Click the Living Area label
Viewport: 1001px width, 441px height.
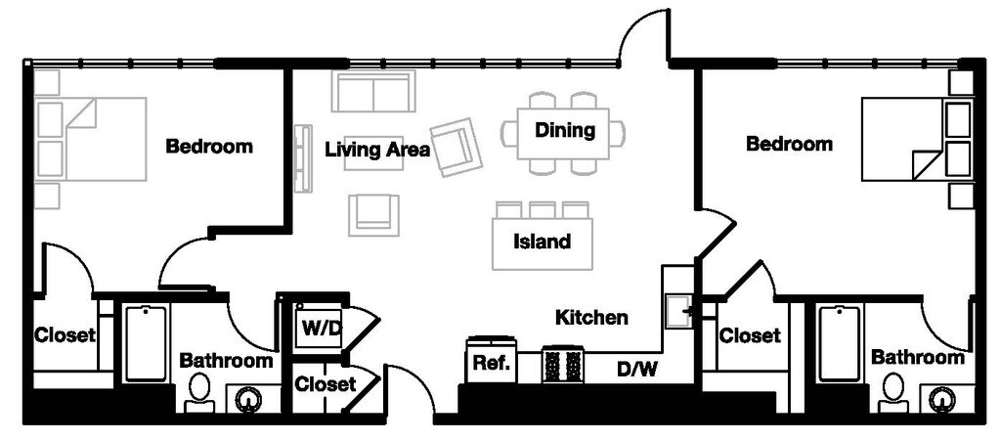pos(377,151)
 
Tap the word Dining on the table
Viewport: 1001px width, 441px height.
pos(564,130)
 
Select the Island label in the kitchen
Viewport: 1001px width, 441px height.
pos(542,242)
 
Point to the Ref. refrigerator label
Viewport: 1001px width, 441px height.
pos(491,364)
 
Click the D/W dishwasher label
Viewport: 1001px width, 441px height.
pos(636,369)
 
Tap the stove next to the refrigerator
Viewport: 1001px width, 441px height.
pos(562,365)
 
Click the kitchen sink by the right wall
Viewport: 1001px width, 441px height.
pos(678,312)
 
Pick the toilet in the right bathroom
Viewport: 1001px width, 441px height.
pos(893,392)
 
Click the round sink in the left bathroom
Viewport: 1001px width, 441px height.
pos(247,400)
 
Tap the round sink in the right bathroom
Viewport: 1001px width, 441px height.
pos(941,399)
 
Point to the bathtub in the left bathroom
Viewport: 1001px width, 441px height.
pos(147,344)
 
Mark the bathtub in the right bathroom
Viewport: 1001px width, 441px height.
pos(839,344)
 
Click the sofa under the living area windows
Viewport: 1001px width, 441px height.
pos(372,91)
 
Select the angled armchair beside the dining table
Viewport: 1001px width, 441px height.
pos(456,147)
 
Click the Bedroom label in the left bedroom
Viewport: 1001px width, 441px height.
pos(209,146)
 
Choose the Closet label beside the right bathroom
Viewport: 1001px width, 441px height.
pos(750,335)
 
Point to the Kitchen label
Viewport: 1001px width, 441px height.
pos(591,317)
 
